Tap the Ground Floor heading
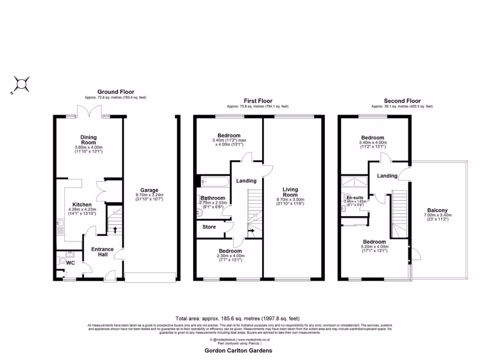(115, 92)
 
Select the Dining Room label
(88, 139)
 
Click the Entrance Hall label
(102, 252)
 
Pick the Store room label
(209, 227)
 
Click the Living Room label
(290, 192)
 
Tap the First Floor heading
(257, 101)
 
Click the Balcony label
(437, 210)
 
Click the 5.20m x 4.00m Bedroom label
(375, 242)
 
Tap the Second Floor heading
(402, 101)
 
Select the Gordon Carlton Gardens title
(238, 350)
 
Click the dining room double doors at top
(89, 112)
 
